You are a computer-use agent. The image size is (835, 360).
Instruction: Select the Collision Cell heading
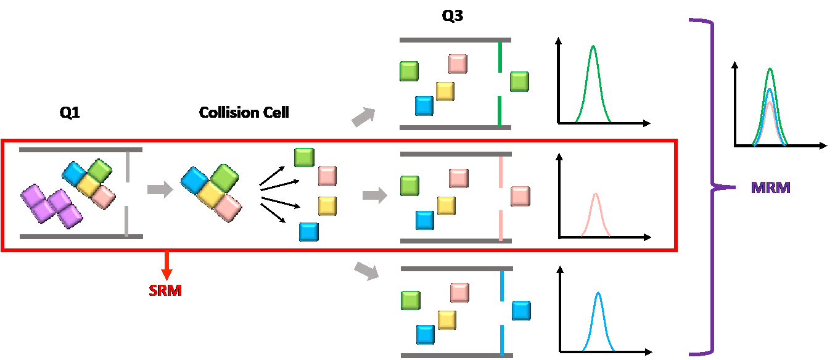tap(244, 113)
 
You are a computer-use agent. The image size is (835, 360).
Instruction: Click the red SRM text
tap(165, 290)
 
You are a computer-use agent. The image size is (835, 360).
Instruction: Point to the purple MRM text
tap(770, 187)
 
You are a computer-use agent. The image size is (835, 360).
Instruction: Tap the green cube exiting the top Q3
tap(519, 81)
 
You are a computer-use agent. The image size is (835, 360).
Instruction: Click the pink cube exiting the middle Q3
tap(520, 197)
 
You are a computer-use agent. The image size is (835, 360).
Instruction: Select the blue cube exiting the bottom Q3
tap(521, 310)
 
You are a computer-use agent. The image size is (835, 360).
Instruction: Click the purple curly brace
tap(709, 185)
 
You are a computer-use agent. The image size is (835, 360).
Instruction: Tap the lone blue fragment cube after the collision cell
tap(309, 232)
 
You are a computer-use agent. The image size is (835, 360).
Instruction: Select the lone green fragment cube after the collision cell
tap(304, 157)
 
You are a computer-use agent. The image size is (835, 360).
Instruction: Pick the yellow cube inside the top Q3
tap(445, 91)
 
